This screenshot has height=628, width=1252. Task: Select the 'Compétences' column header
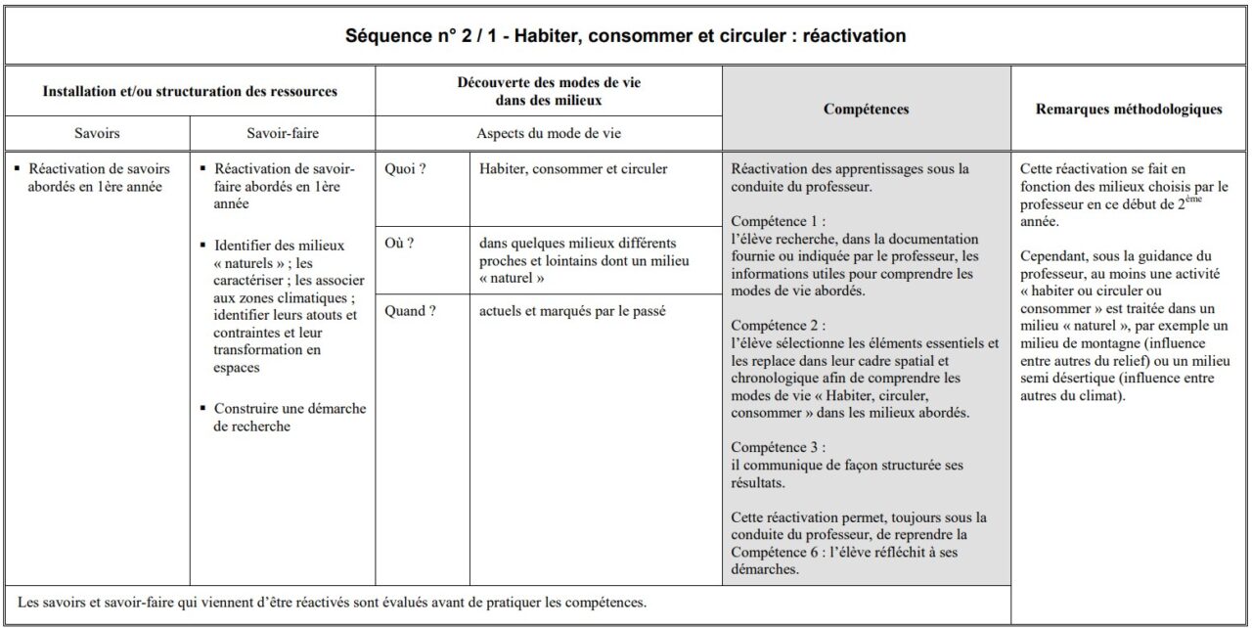click(x=866, y=110)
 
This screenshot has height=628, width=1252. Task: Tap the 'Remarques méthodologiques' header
click(x=1128, y=110)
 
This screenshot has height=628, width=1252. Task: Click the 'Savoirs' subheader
click(x=98, y=133)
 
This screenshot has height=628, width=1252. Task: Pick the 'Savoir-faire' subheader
click(x=283, y=133)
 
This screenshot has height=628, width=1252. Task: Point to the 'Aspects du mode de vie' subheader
click(x=549, y=133)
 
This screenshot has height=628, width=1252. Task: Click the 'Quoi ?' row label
click(x=405, y=169)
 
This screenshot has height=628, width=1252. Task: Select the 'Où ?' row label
click(x=400, y=244)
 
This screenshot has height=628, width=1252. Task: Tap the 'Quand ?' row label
click(x=410, y=312)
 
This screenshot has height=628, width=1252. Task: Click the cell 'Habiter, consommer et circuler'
click(x=573, y=169)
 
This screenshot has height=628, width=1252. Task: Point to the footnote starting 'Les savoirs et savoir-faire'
click(x=332, y=603)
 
